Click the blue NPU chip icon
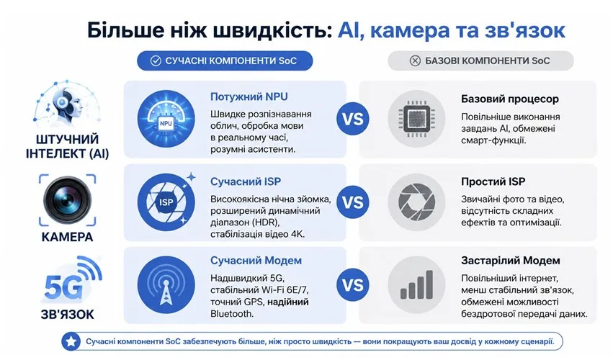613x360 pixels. coord(166,119)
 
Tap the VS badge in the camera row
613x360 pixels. coord(353,202)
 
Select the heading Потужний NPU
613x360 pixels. coord(249,96)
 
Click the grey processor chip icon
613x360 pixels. coord(417,119)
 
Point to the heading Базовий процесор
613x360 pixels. coord(510,99)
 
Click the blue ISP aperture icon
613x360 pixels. coord(166,202)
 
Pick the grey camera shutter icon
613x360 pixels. coord(417,202)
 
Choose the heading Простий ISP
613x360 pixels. coord(493,181)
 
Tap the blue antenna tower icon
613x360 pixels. coord(166,285)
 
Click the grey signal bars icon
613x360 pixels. coord(417,285)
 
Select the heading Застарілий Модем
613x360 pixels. coord(511,261)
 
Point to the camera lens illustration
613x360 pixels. coord(67,199)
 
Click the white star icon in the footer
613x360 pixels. coord(71,341)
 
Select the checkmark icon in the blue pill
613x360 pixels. coord(156,61)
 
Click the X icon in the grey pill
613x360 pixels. coord(415,61)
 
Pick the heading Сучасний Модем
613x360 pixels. coord(256,261)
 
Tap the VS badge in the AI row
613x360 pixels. coord(353,119)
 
